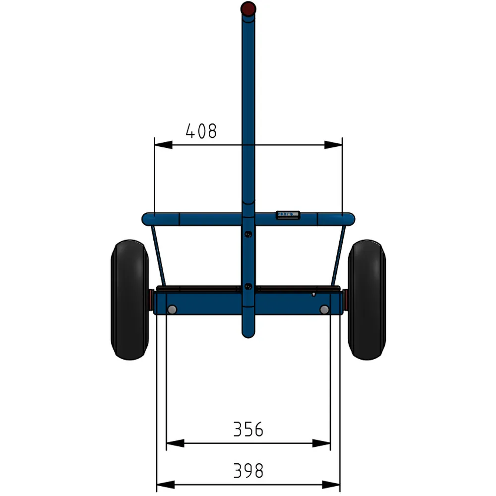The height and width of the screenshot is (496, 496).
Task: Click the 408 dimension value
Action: (201, 131)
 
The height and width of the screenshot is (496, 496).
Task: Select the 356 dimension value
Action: (248, 429)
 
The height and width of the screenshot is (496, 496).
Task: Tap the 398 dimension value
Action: (248, 470)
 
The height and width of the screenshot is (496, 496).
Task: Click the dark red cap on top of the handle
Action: (248, 8)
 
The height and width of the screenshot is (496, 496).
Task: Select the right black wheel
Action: (367, 300)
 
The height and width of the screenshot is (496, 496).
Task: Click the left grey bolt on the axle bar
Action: (172, 310)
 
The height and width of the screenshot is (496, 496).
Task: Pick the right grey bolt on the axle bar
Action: (324, 310)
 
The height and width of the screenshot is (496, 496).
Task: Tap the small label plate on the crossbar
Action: (288, 214)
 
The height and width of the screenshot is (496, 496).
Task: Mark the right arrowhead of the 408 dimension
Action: (333, 145)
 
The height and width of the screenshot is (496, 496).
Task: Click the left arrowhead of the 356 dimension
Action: (175, 443)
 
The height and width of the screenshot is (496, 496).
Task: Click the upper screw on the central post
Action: (248, 234)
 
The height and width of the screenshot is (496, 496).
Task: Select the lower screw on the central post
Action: (248, 286)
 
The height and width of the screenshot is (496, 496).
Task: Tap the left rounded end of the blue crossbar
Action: (147, 218)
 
